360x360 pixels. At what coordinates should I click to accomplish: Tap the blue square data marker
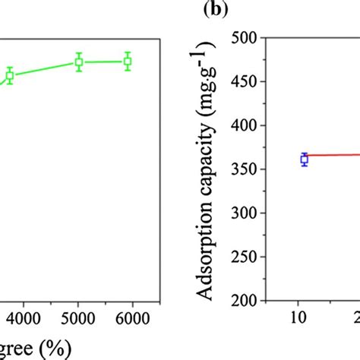point(305,159)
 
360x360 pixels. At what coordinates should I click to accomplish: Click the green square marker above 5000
point(78,62)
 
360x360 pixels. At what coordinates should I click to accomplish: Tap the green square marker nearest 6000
point(128,61)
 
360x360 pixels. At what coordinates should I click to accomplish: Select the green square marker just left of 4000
point(10,75)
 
